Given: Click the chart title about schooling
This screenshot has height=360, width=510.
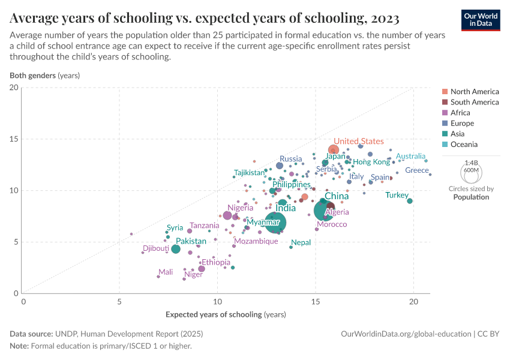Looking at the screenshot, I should tap(205, 19).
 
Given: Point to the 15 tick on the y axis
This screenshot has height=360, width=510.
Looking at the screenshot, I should tap(14, 139).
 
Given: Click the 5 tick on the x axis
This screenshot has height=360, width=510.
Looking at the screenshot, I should tap(119, 302).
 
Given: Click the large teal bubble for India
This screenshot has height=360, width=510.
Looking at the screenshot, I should tap(275, 223).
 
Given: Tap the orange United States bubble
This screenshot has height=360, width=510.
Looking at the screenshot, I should tap(334, 150).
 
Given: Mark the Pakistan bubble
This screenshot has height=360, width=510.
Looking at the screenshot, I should tap(175, 249).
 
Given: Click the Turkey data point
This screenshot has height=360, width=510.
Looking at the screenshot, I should tap(410, 201).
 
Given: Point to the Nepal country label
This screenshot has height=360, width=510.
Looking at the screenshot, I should tap(301, 242).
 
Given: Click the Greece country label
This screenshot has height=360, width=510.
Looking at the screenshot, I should tap(417, 170).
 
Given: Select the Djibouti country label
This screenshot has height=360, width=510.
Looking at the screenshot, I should tap(156, 248).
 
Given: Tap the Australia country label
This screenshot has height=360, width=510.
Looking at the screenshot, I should tap(410, 156).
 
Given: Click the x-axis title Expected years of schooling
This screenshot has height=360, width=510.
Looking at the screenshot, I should tap(226, 314).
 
